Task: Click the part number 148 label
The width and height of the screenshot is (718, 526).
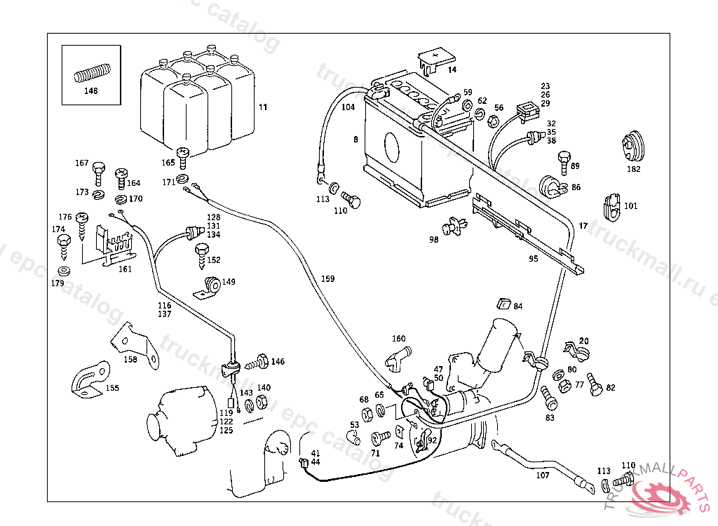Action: point(91,91)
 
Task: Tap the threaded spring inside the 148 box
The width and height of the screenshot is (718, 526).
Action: point(92,73)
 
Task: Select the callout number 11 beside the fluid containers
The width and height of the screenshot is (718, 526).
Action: point(263,107)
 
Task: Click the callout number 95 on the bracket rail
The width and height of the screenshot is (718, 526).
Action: point(534,259)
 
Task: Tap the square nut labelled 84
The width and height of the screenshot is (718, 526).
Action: point(502,304)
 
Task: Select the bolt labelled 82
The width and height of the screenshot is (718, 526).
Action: point(595,383)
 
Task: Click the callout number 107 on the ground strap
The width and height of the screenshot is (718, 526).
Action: point(542,475)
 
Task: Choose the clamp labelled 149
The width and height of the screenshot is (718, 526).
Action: point(208,286)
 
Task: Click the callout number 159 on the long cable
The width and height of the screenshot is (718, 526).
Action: point(327,279)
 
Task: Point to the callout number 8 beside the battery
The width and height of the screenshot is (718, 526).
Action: point(355,140)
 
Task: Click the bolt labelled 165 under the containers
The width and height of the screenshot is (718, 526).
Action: point(184,154)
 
